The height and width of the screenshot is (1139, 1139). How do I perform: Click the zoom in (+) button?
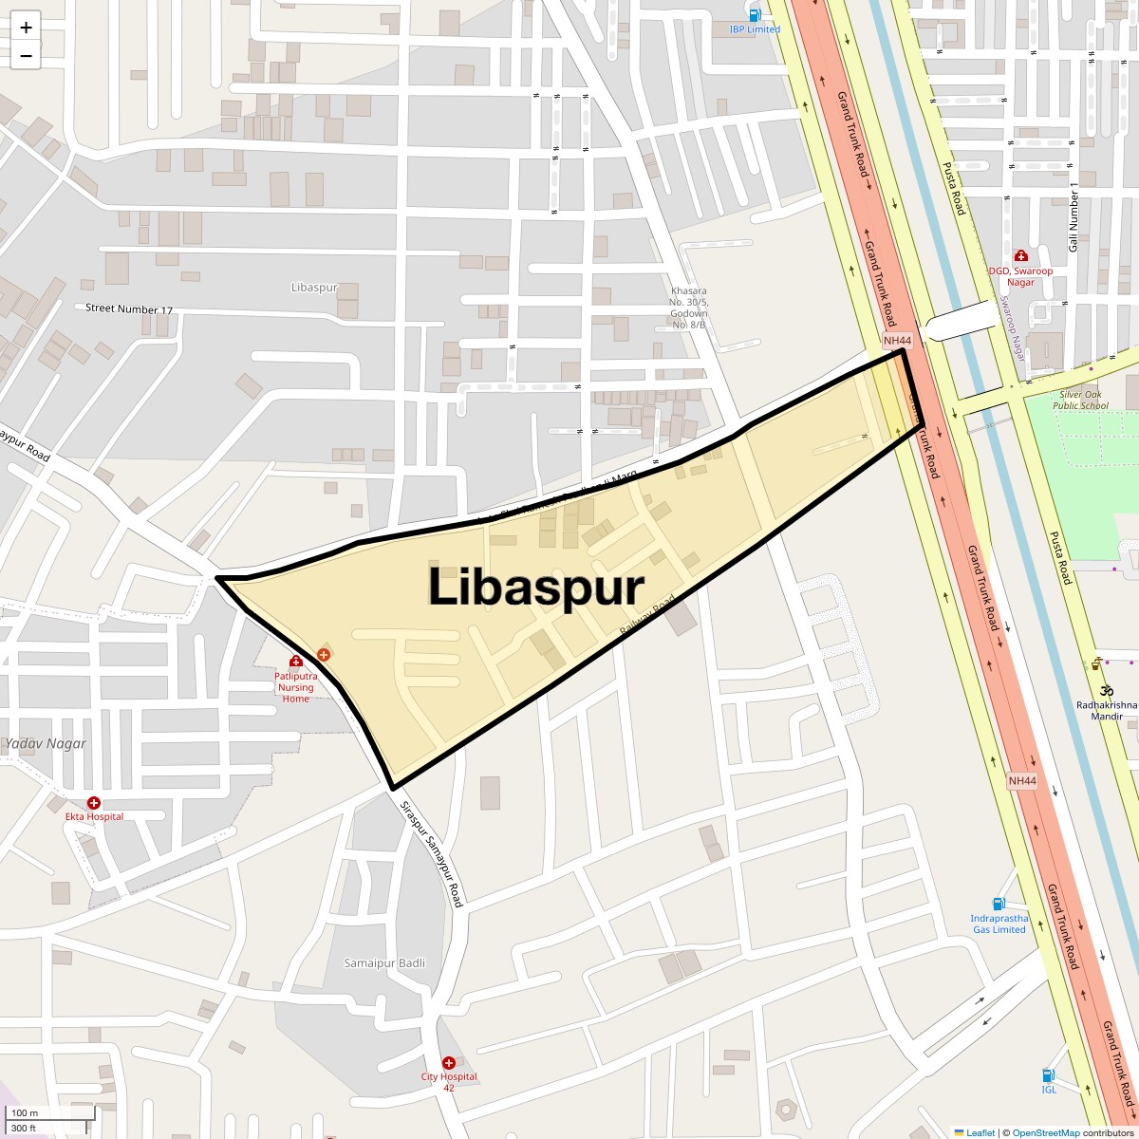coord(26,28)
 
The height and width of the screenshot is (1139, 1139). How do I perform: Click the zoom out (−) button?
coord(26,55)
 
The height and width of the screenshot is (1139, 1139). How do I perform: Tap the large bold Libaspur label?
coord(536,588)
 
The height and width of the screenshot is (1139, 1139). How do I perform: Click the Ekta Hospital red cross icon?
coord(94,803)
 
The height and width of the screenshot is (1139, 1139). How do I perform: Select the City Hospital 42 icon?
coord(449,1063)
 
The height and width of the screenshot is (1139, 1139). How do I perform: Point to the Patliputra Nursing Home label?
coord(296,687)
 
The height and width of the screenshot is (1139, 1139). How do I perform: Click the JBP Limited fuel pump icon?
coord(756,15)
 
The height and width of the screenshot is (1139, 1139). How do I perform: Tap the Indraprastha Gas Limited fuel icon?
coord(999,904)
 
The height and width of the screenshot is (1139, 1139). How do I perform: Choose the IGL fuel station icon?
coord(1048,1075)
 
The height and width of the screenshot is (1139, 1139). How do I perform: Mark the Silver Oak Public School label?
coord(1080,400)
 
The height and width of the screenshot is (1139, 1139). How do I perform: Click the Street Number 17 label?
coord(129,309)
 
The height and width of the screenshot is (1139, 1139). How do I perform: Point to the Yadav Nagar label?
coord(45,744)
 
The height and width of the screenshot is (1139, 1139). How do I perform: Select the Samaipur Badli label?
coord(384,962)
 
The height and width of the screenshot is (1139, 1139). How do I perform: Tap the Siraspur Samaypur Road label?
coord(431,853)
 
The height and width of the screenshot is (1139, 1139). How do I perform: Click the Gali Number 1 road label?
coord(1074,216)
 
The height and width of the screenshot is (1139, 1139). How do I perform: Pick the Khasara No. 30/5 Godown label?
coord(689,308)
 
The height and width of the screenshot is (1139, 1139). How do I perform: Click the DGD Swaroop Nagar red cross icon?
coord(1020,255)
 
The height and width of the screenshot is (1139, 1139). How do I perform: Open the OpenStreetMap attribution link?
coord(1045,1132)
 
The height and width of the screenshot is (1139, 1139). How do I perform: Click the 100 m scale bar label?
coord(26,1112)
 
